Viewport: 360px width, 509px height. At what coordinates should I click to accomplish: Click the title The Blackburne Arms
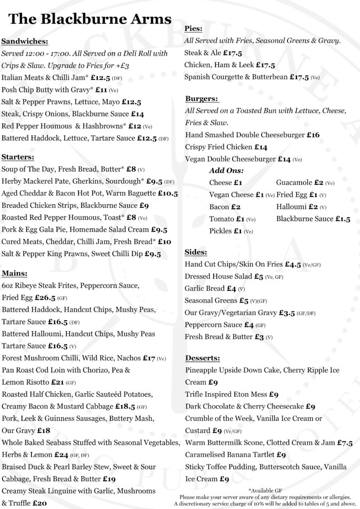(x=90, y=19)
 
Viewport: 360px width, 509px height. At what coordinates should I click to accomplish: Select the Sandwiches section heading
(x=25, y=41)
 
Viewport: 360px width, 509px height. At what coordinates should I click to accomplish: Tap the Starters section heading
(x=18, y=157)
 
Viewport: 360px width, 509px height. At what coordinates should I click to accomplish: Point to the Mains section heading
(x=14, y=273)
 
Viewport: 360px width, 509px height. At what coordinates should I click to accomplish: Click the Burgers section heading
(x=201, y=98)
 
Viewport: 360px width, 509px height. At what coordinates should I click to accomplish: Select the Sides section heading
(x=195, y=252)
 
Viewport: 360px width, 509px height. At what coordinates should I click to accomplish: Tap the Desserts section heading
(x=202, y=358)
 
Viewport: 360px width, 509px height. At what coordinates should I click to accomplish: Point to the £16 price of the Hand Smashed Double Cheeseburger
(x=313, y=135)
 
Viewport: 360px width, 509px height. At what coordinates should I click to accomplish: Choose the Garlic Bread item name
(x=204, y=288)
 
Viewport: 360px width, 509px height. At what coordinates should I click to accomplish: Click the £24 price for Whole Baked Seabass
(x=61, y=454)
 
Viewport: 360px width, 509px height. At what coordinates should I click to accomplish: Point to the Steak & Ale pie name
(x=202, y=52)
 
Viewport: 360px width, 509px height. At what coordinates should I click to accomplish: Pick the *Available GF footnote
(x=268, y=490)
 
